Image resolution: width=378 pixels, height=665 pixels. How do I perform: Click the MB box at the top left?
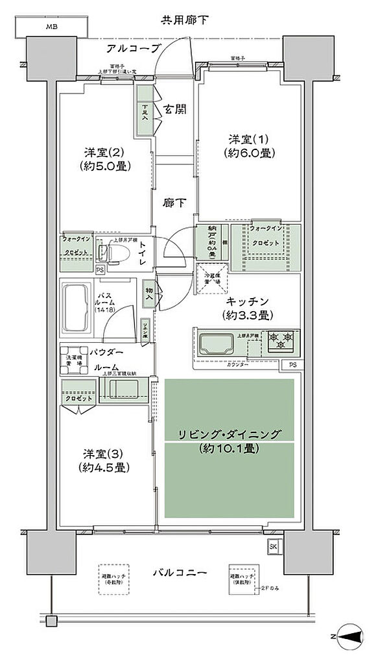click(x=51, y=27)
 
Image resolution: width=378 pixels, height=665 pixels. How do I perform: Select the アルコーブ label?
click(x=132, y=49)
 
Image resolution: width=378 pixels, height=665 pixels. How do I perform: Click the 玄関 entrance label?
click(x=175, y=109)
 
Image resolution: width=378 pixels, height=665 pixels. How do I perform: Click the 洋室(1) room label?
click(x=249, y=140)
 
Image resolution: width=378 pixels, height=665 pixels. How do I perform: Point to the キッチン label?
click(x=248, y=301)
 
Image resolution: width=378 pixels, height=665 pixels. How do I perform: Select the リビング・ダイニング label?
click(x=230, y=433)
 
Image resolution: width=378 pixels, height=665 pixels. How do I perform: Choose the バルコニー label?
click(x=180, y=573)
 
